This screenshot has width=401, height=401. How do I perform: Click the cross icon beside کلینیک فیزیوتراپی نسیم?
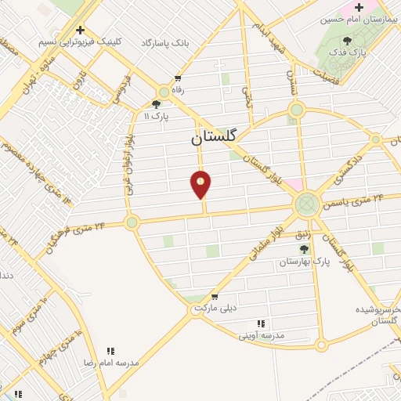[80, 30]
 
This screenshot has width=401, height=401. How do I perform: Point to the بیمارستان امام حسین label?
[359, 17]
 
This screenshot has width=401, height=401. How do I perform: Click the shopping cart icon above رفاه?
[179, 78]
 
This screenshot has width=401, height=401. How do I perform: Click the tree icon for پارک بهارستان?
[304, 250]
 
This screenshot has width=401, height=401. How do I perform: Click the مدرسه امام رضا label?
[111, 363]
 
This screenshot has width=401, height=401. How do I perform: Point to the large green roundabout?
[306, 206]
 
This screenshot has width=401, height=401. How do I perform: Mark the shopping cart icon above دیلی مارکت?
[215, 297]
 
